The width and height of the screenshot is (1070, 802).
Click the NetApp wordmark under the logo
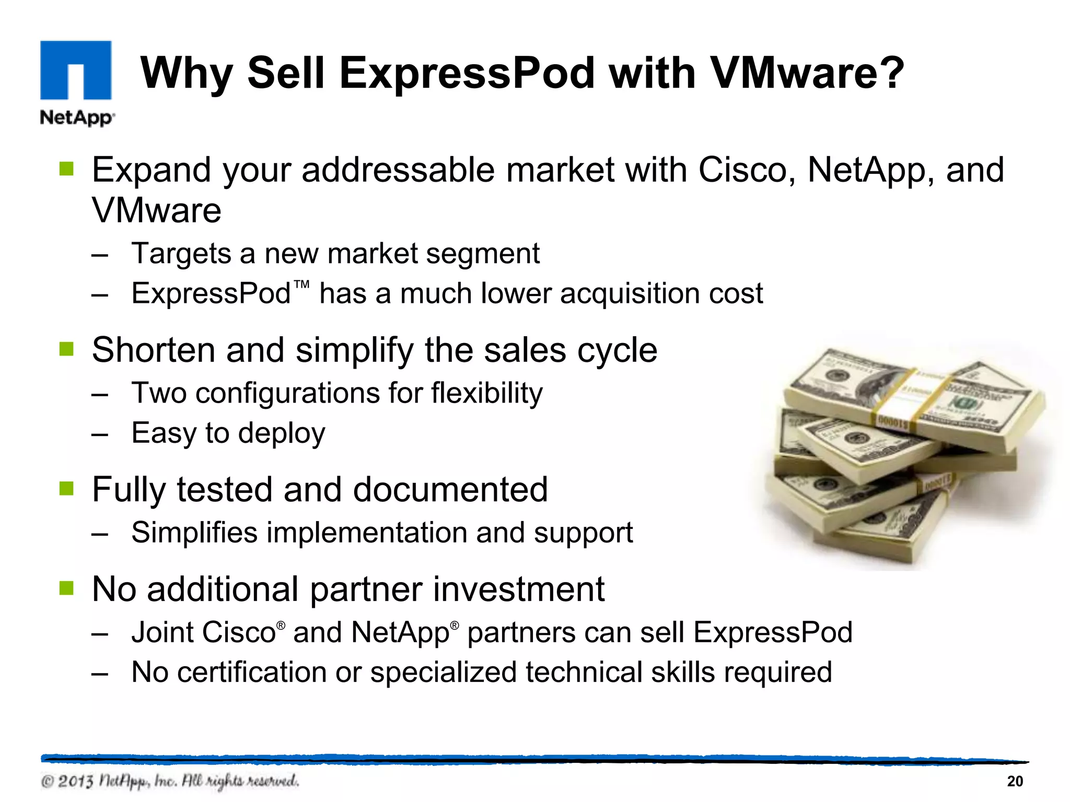[77, 117]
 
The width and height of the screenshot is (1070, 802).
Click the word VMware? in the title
[807, 73]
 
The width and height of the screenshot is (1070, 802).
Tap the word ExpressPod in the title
[467, 73]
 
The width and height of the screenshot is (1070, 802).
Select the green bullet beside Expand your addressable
[66, 168]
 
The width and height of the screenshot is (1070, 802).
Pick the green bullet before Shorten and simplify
[66, 348]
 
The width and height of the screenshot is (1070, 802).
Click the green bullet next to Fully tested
[66, 488]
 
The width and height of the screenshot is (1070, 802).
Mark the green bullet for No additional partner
[66, 588]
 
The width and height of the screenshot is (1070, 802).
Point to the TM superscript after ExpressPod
[301, 285]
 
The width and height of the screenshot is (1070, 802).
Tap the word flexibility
[486, 393]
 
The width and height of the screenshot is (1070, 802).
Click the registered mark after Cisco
[281, 625]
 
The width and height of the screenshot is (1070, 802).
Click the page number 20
[1015, 781]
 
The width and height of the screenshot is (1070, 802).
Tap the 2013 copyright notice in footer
[170, 781]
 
